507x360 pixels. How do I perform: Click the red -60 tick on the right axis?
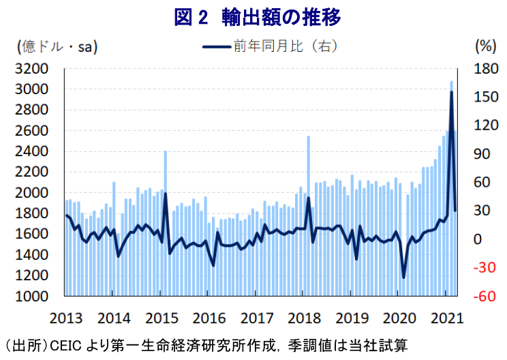[482, 297]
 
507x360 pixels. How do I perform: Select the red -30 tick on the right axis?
[482, 268]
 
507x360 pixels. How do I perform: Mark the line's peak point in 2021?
[451, 91]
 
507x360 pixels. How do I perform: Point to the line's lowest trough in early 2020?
[403, 277]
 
